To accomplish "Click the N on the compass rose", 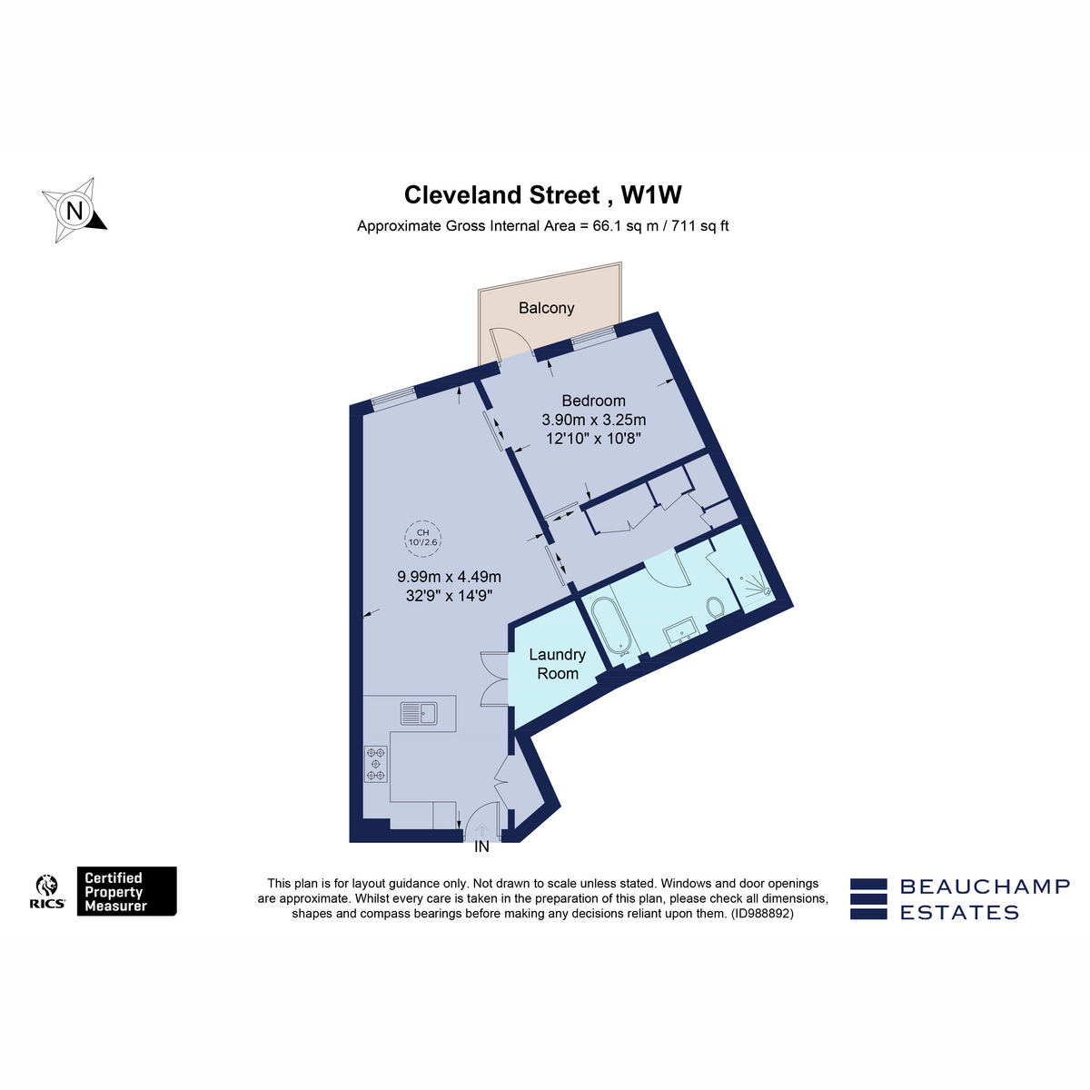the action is tap(74, 211).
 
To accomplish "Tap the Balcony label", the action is tap(547, 308).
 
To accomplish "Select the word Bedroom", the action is tap(593, 401).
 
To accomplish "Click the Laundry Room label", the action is tap(557, 663).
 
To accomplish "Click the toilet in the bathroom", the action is tap(716, 607).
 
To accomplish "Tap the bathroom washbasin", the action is tap(683, 632).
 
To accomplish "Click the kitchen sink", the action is tap(419, 713).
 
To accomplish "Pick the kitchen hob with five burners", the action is tap(376, 764).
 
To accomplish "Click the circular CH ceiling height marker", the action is tap(422, 537).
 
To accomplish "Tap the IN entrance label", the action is tap(481, 847).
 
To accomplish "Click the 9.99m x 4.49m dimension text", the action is tap(449, 577).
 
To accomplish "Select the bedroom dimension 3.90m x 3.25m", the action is tap(593, 420).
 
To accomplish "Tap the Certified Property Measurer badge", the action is tap(126, 891).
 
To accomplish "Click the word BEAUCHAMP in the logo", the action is tap(985, 887).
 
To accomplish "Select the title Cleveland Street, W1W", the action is tap(543, 194).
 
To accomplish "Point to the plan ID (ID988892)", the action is tap(762, 914).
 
